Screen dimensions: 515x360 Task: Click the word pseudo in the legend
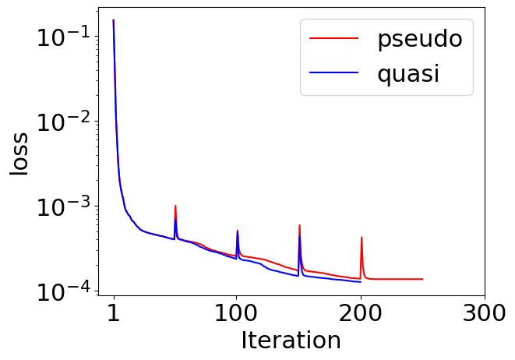[x=420, y=40]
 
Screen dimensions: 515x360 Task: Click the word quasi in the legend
[x=408, y=74]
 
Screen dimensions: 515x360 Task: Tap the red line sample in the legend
[x=333, y=38]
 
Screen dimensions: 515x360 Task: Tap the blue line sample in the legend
[x=333, y=72]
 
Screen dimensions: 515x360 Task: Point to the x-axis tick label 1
[x=114, y=313]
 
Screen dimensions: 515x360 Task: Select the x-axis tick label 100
[x=235, y=313]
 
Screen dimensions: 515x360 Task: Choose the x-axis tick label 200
[x=360, y=313]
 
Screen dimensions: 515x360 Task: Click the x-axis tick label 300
[x=484, y=313]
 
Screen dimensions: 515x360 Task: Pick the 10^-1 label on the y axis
[x=63, y=37]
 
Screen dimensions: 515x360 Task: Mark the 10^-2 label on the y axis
[x=63, y=122]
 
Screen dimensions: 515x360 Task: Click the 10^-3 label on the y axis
[x=63, y=206]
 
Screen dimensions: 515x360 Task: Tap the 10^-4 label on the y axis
[x=63, y=291]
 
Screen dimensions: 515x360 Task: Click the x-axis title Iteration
[x=291, y=341]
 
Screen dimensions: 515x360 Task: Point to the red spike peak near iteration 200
[x=362, y=237]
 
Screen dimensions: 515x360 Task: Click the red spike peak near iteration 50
[x=175, y=206]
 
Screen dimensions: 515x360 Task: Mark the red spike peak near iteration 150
[x=299, y=225]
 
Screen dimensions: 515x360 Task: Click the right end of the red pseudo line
[x=423, y=279]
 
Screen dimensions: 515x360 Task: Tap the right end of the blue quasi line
[x=361, y=282]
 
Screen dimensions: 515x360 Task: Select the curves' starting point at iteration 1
[x=113, y=19]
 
